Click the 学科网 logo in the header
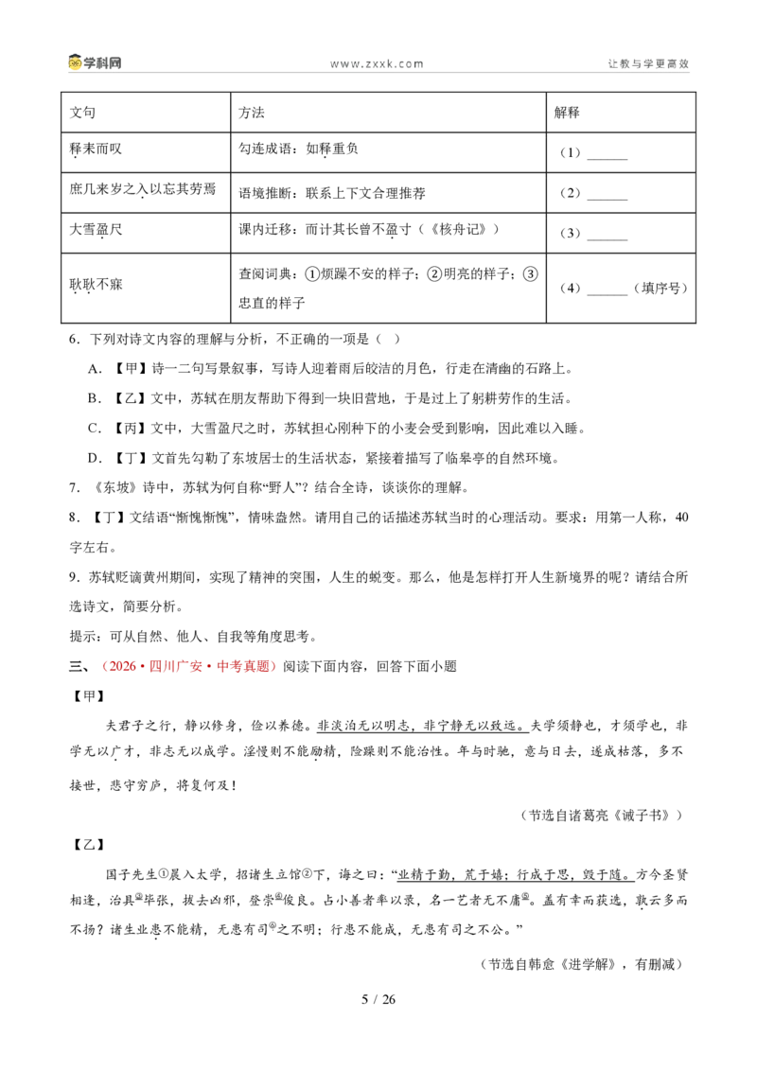click(x=95, y=62)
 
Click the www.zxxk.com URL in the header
click(x=377, y=63)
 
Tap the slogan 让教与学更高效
click(x=648, y=63)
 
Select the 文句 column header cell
click(x=146, y=112)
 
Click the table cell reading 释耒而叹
click(x=146, y=151)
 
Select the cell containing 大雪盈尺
click(x=146, y=232)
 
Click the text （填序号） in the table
click(x=660, y=289)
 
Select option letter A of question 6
click(x=95, y=369)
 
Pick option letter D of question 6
click(x=95, y=458)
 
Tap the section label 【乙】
click(x=88, y=845)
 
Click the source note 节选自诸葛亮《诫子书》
click(x=604, y=815)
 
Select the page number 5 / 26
click(x=378, y=999)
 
